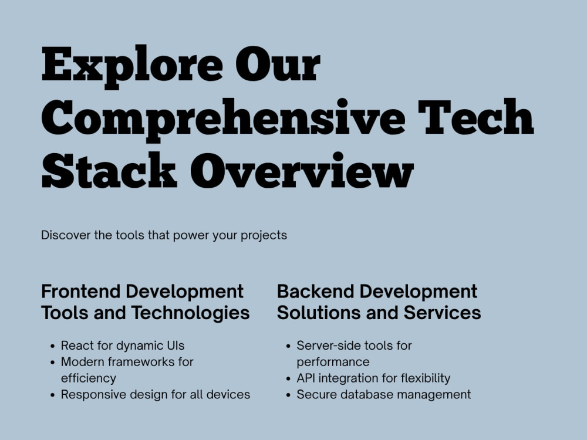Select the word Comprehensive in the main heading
tap(223, 117)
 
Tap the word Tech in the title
tap(478, 117)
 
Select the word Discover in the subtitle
tap(63, 235)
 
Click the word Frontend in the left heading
tap(80, 292)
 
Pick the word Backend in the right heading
tap(315, 292)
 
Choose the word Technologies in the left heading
tap(191, 313)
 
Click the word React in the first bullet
tap(77, 346)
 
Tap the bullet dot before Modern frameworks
tap(53, 363)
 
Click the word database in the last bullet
tap(363, 395)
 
